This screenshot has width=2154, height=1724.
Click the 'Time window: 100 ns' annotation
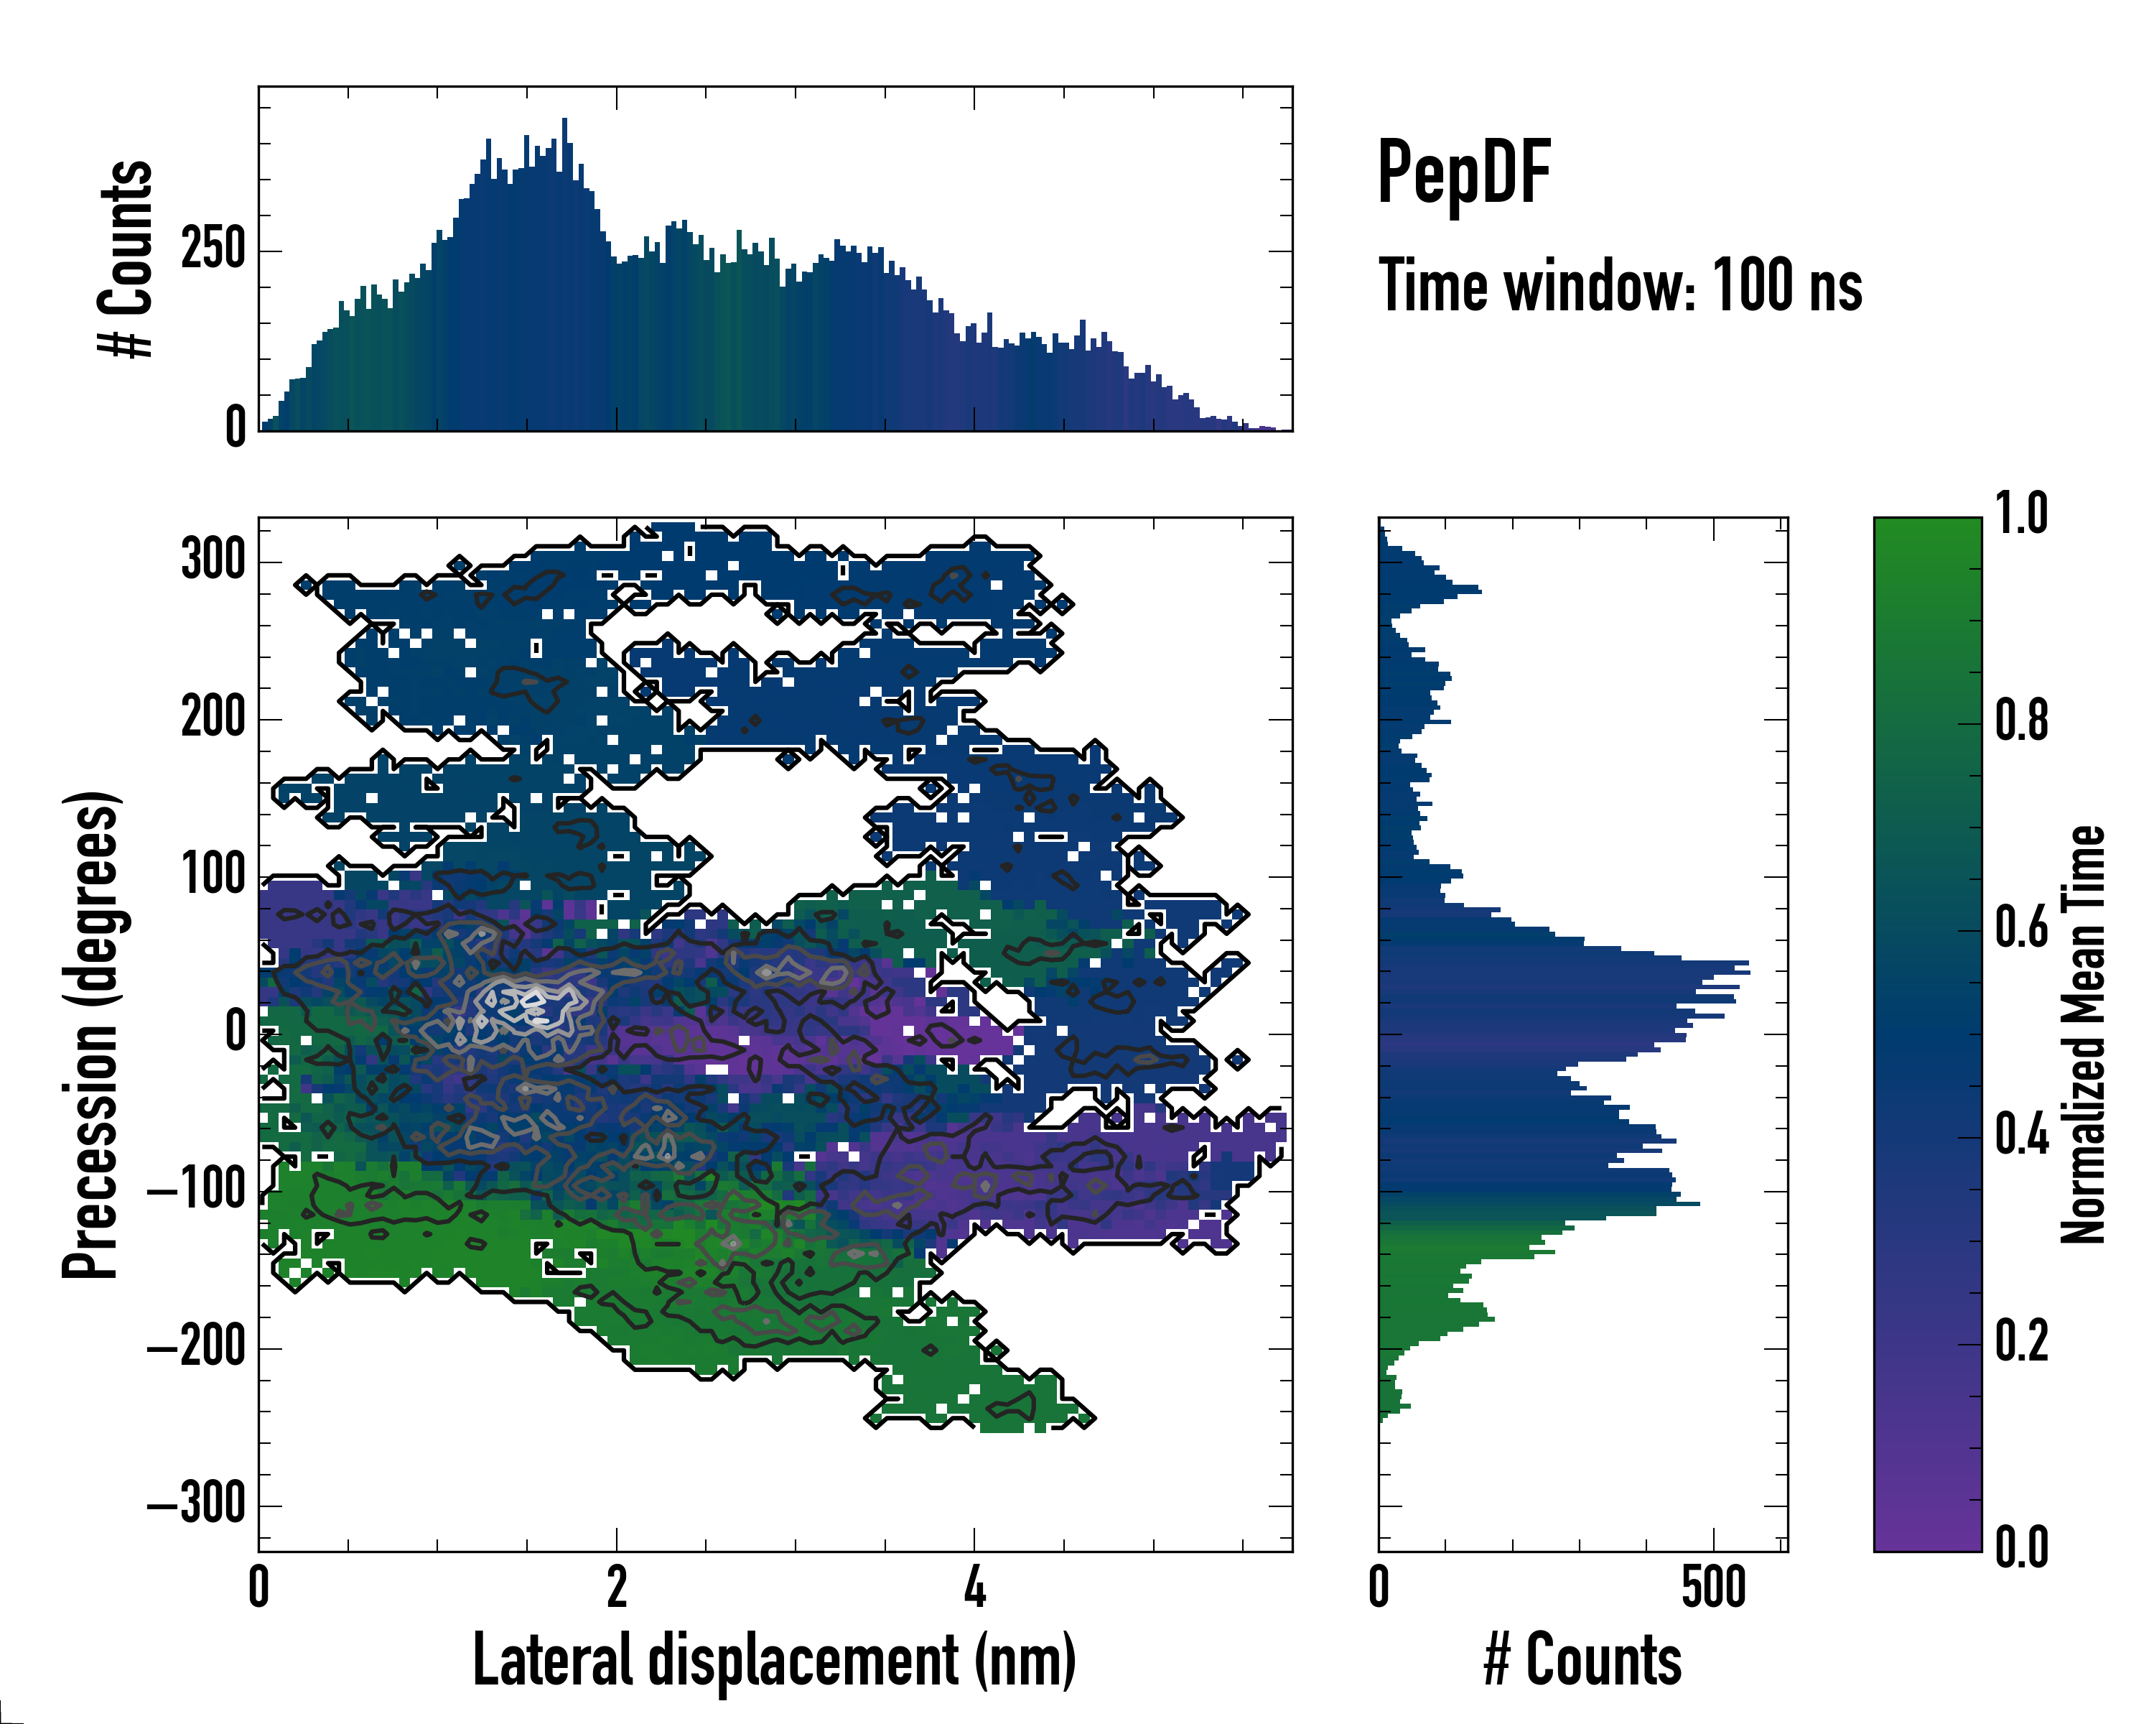tap(1620, 287)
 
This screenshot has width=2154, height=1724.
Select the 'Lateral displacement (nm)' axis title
tap(774, 1660)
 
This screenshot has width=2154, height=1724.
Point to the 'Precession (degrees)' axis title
tap(91, 1034)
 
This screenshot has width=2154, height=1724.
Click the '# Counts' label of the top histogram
tap(127, 259)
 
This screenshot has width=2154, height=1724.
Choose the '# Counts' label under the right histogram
tap(1582, 1660)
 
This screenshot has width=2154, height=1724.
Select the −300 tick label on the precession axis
tap(197, 1504)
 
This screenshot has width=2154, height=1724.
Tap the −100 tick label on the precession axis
tap(197, 1190)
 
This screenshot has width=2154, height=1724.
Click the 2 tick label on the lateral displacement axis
tap(617, 1587)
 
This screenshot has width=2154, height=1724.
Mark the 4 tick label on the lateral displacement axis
tap(974, 1587)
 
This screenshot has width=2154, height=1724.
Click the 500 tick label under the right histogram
tap(1713, 1587)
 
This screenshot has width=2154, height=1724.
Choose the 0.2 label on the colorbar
tap(2021, 1341)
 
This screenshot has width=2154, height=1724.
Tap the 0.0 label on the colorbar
tap(2021, 1547)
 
